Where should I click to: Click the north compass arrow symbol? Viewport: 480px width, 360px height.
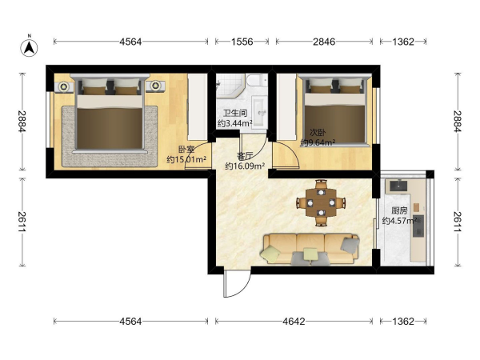(30, 47)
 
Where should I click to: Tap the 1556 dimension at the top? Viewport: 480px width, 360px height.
(242, 42)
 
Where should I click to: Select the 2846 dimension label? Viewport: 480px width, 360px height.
(324, 42)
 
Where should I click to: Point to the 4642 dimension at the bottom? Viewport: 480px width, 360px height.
(294, 321)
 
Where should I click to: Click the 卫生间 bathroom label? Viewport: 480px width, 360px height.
(234, 114)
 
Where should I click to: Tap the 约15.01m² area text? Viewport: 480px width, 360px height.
(186, 159)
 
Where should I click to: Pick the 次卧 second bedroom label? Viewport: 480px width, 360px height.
(318, 133)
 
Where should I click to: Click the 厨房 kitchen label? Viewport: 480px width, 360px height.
(399, 210)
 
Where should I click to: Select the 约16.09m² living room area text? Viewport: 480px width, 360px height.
(245, 166)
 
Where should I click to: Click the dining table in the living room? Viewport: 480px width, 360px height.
(321, 202)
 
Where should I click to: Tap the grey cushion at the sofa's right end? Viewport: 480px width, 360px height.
(350, 245)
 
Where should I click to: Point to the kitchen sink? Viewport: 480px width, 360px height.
(398, 186)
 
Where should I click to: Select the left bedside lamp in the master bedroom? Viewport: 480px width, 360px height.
(64, 86)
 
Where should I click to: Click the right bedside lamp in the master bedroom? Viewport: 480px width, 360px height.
(155, 85)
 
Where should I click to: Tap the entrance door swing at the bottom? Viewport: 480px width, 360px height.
(238, 284)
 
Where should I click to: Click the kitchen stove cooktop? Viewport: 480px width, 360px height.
(418, 226)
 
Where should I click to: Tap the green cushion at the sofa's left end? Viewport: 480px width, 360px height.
(270, 253)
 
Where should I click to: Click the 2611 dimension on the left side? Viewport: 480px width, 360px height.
(22, 222)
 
